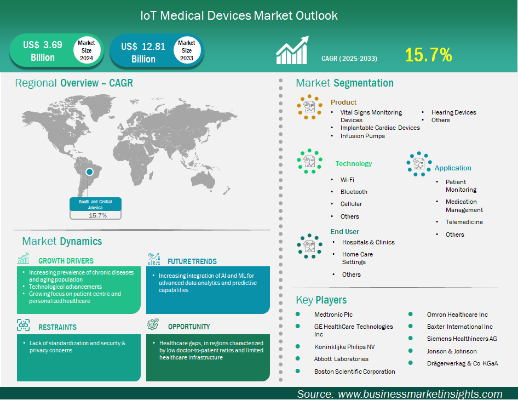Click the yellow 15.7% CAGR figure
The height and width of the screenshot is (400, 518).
429,55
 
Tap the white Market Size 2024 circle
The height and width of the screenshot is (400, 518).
87,50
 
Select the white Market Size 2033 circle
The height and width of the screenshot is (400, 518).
187,50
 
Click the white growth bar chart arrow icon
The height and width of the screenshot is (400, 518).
292,50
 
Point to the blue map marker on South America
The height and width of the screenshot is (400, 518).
89,172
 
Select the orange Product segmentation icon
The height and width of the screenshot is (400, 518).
309,107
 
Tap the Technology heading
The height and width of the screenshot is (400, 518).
354,164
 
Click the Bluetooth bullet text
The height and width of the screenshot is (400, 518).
354,192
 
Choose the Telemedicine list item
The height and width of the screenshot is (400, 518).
464,222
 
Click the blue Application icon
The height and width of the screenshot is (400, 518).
419,164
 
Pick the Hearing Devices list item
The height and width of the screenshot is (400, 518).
453,112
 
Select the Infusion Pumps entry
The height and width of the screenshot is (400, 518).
362,136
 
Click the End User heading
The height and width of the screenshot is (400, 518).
344,231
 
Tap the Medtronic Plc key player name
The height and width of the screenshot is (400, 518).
333,315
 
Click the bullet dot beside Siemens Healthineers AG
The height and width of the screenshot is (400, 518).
410,338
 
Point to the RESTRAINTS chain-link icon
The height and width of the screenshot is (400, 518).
23,325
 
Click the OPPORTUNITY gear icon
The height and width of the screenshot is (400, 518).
153,324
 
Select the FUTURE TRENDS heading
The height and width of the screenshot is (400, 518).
192,261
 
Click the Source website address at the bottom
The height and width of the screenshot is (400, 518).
420,394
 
